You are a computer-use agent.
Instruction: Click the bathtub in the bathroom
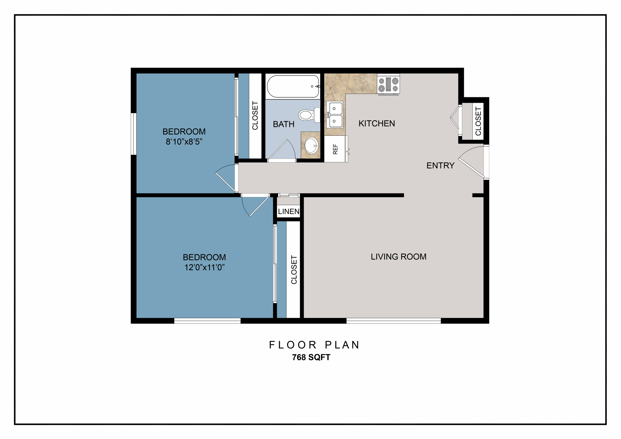pyautogui.click(x=293, y=86)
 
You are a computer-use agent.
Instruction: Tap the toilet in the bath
pyautogui.click(x=309, y=115)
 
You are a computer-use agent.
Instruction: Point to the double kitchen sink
pyautogui.click(x=335, y=115)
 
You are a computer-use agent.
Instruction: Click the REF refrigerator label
pyautogui.click(x=335, y=149)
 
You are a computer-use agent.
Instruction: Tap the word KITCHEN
pyautogui.click(x=377, y=124)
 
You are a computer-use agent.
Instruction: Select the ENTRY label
pyautogui.click(x=440, y=166)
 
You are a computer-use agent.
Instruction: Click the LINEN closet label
pyautogui.click(x=289, y=211)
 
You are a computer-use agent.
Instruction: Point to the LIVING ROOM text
pyautogui.click(x=398, y=257)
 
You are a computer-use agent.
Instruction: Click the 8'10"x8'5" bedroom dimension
pyautogui.click(x=184, y=142)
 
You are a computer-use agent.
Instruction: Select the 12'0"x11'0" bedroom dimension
pyautogui.click(x=204, y=268)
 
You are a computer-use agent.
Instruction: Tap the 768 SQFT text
pyautogui.click(x=311, y=357)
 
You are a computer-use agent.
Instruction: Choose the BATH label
pyautogui.click(x=284, y=124)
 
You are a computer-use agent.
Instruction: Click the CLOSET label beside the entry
pyautogui.click(x=478, y=121)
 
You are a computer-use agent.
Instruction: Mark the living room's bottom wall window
pyautogui.click(x=393, y=321)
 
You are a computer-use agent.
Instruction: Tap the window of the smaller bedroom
pyautogui.click(x=134, y=134)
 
